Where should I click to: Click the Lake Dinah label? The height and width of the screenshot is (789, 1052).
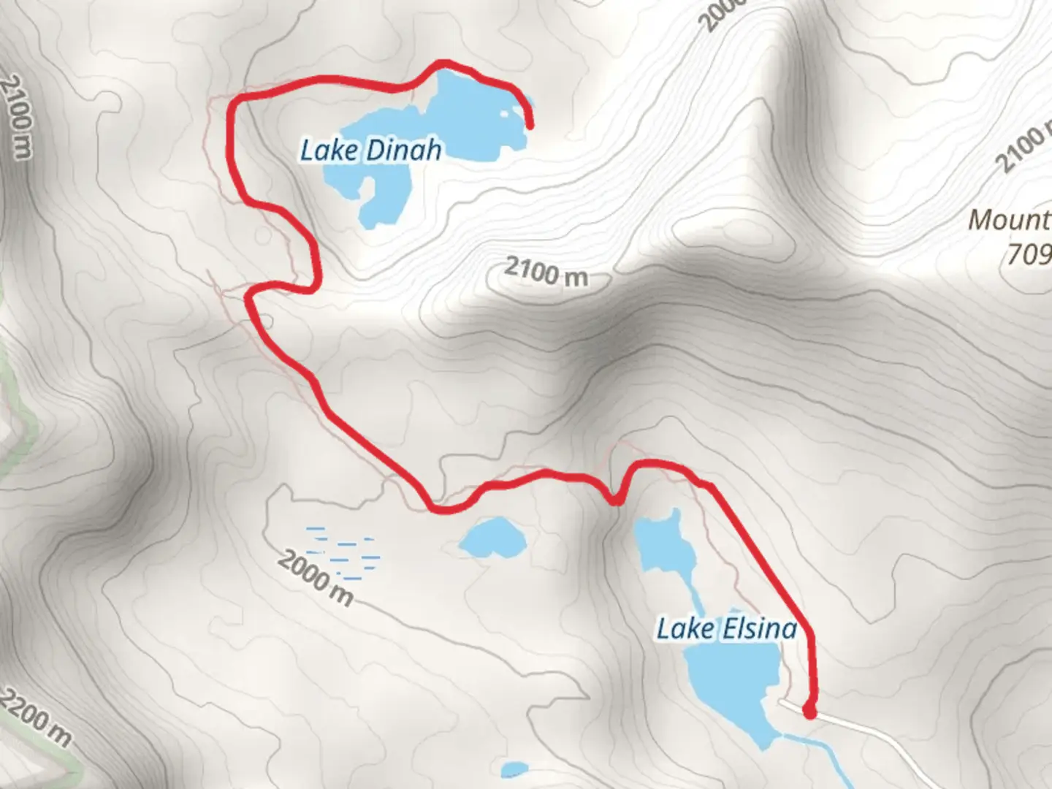click(370, 150)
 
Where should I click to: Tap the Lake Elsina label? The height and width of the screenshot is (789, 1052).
click(726, 629)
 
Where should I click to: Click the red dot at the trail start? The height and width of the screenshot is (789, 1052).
click(809, 711)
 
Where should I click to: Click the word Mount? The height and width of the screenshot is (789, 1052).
click(1009, 220)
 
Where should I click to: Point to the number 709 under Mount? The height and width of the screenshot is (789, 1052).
click(1029, 254)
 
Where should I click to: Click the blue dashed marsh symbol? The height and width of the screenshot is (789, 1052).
click(343, 548)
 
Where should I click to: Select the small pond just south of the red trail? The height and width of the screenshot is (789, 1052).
click(492, 537)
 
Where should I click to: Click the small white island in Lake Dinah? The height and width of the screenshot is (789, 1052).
click(506, 114)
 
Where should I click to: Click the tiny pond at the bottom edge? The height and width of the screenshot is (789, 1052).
click(515, 770)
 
